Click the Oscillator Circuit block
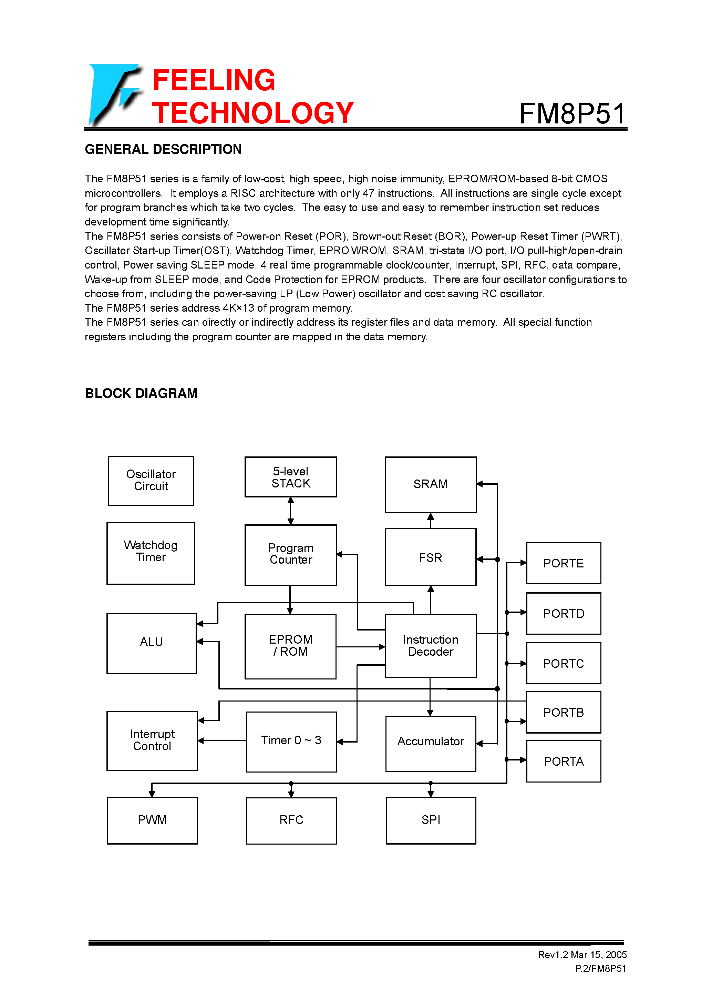(x=151, y=481)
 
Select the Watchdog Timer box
(x=151, y=553)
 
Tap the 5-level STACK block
(x=291, y=477)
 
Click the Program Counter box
(x=291, y=554)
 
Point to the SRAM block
(x=430, y=485)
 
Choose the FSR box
(x=430, y=557)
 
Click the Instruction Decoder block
(x=430, y=646)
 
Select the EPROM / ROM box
(x=290, y=646)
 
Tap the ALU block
(x=151, y=643)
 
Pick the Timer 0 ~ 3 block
(x=291, y=742)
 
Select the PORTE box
(x=563, y=563)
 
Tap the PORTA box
(x=563, y=761)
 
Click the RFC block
(x=291, y=820)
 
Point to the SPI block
(x=430, y=820)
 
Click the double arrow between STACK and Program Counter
(x=290, y=511)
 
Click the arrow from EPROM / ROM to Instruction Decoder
(x=360, y=647)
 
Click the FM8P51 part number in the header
(x=572, y=114)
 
